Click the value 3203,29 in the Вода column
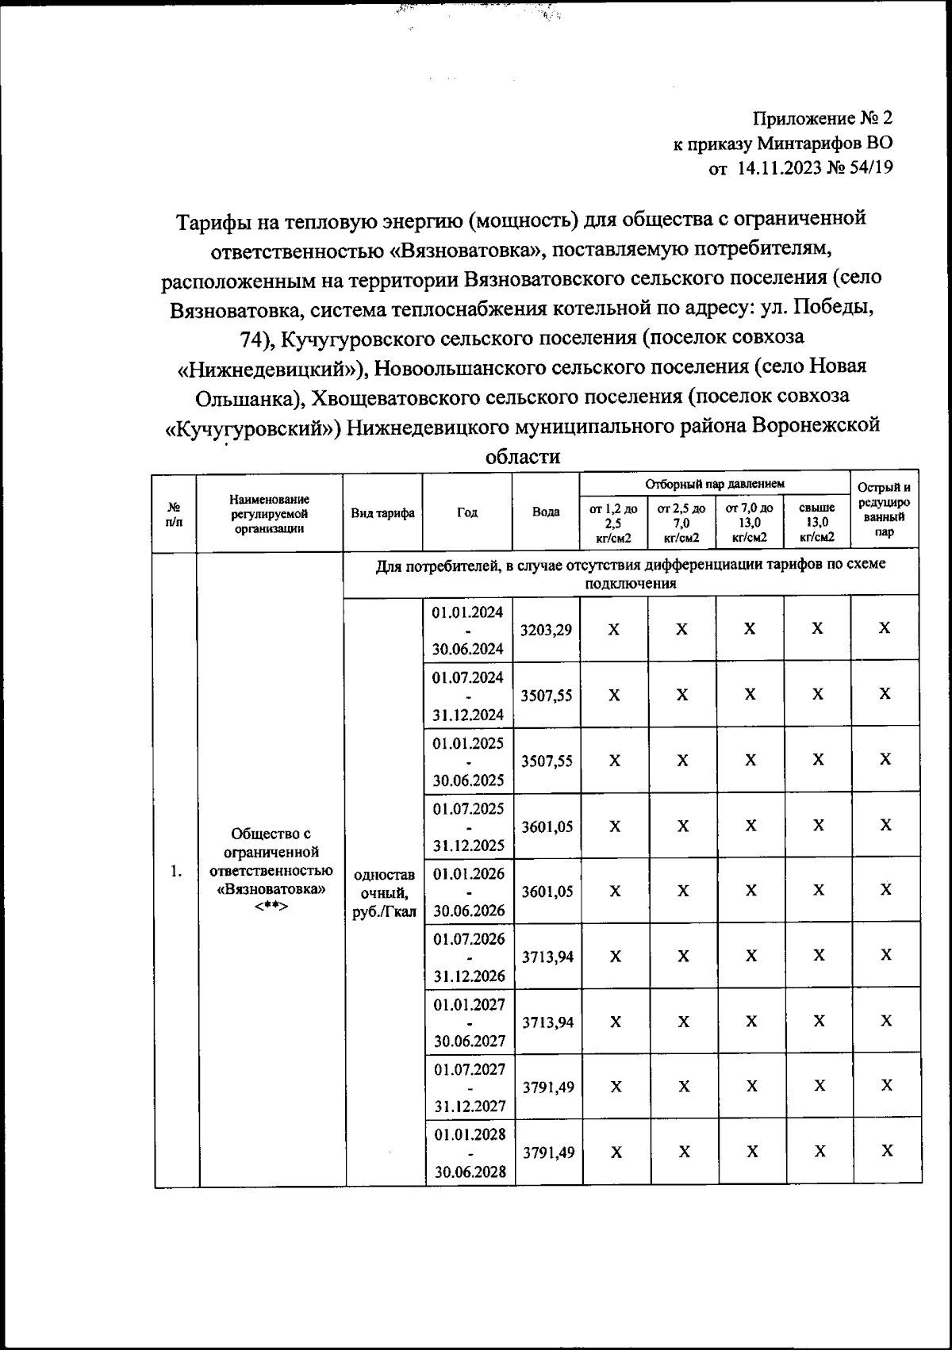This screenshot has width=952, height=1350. click(547, 630)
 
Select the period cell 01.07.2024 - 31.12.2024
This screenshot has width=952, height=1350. click(468, 696)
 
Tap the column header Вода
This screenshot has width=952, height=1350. click(547, 512)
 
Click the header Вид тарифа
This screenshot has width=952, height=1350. click(383, 512)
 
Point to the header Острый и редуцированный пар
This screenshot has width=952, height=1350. click(885, 509)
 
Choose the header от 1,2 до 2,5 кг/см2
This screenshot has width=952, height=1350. click(613, 523)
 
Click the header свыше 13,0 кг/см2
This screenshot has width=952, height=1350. click(817, 523)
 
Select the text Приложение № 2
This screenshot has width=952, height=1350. click(822, 119)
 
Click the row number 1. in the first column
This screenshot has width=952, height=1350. click(176, 872)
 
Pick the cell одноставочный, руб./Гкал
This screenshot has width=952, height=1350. click(384, 893)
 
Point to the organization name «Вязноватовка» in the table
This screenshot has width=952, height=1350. click(271, 888)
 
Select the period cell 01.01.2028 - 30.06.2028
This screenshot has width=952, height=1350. click(470, 1152)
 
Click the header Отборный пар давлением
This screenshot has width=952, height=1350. click(714, 483)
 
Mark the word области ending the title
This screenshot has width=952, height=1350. click(522, 457)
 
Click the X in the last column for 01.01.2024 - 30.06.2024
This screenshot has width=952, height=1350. click(885, 628)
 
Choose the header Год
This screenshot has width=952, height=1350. click(467, 512)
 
